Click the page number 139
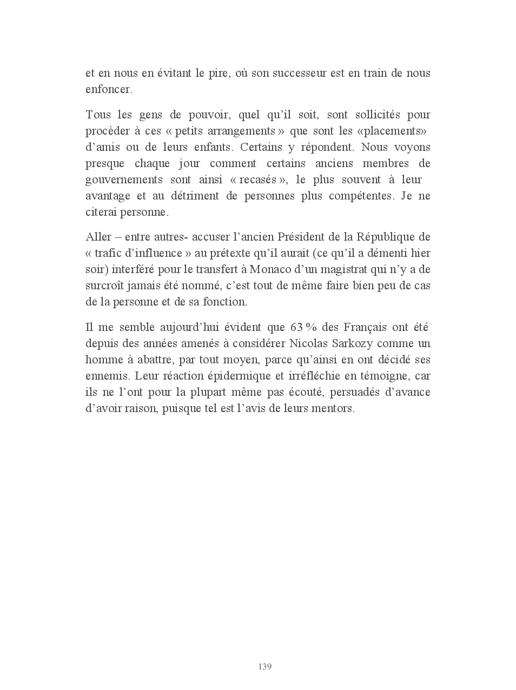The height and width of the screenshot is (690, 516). pos(264,666)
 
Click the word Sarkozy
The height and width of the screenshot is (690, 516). pos(351,343)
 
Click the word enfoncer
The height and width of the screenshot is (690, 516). pos(109,89)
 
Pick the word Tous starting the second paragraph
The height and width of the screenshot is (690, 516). pos(97,115)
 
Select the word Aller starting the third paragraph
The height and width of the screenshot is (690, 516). pos(97,237)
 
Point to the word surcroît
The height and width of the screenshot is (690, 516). pos(105,286)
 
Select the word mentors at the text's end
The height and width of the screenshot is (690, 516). pos(333,408)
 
